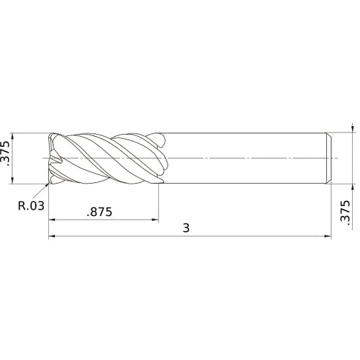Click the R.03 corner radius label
click(31, 205)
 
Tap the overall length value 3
click(186, 228)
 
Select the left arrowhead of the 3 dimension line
click(51, 235)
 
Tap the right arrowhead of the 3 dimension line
click(328, 235)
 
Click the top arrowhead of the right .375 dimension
click(352, 130)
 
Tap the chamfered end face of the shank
click(330, 157)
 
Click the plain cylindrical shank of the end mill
click(245, 157)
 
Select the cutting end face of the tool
click(51, 157)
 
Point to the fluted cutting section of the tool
click(108, 157)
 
